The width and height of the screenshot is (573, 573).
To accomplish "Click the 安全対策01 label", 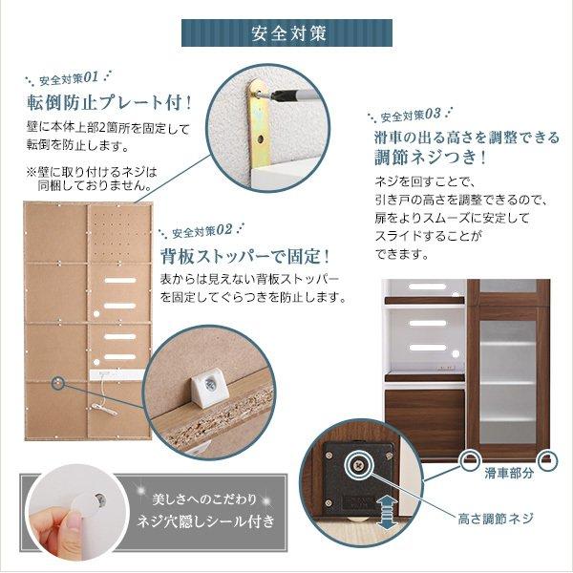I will [68, 76].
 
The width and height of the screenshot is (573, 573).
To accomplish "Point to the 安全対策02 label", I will [202, 231].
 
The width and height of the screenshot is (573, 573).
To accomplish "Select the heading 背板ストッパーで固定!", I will [244, 256].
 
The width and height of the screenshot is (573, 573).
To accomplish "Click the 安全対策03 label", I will [410, 116].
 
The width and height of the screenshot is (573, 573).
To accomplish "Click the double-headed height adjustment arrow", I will [386, 512].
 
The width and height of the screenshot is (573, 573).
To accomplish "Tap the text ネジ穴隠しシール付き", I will [207, 521].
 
